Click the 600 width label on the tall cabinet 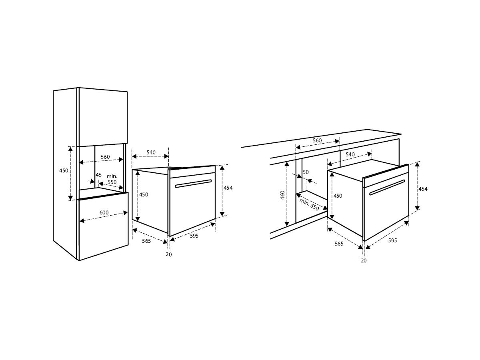tap(104, 212)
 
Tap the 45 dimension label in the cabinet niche tap(99, 175)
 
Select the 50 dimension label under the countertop tap(306, 172)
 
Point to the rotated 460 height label tap(282, 195)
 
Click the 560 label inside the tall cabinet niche tap(105, 157)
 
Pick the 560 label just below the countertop tap(317, 140)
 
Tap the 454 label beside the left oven tap(228, 188)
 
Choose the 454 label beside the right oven tap(423, 189)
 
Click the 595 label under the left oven tap(194, 236)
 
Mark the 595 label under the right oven tap(392, 240)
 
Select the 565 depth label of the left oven tap(146, 241)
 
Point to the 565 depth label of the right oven tap(339, 244)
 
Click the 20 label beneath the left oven tap(169, 254)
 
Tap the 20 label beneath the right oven tap(364, 260)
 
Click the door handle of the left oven tap(193, 184)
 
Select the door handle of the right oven tap(387, 187)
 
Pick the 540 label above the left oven tap(151, 152)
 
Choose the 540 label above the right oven tap(350, 154)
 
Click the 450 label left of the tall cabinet tap(64, 170)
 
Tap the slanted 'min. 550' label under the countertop tap(309, 205)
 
